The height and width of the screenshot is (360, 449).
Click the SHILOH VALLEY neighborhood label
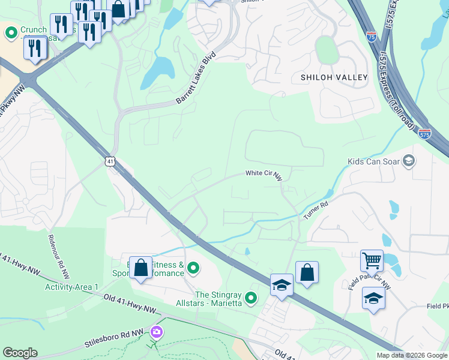click(x=334, y=77)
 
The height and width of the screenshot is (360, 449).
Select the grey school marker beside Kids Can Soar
click(x=409, y=160)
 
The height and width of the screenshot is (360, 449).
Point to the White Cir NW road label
click(x=264, y=174)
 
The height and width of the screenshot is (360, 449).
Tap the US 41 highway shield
click(x=109, y=161)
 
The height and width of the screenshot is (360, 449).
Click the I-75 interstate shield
click(x=372, y=37)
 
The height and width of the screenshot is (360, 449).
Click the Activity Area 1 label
click(x=71, y=287)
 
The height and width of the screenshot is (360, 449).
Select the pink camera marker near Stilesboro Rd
click(x=157, y=331)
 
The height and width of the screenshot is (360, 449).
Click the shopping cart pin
click(x=372, y=261)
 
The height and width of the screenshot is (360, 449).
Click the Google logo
click(x=20, y=353)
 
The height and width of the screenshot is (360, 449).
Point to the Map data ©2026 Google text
click(x=412, y=355)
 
